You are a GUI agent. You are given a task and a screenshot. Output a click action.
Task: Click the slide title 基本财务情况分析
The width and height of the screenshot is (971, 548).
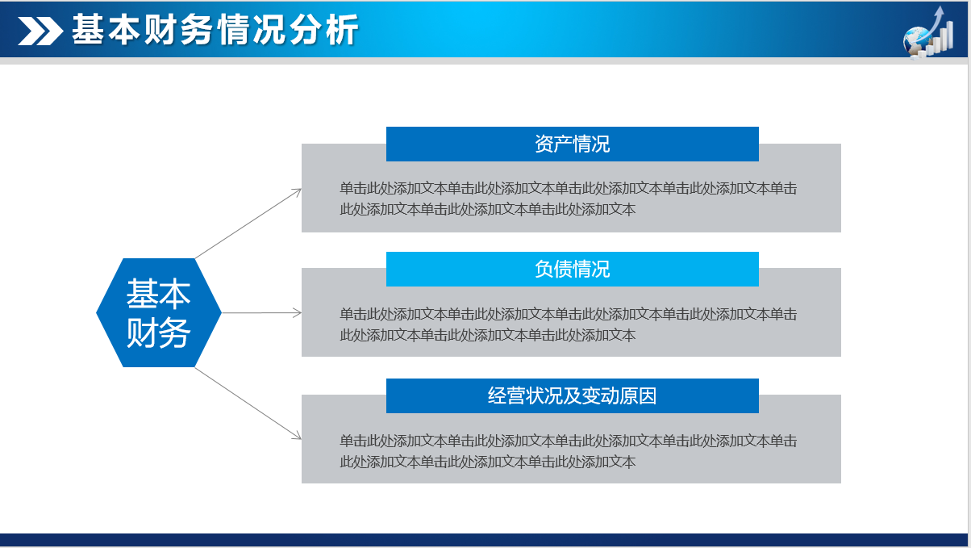pos(215,30)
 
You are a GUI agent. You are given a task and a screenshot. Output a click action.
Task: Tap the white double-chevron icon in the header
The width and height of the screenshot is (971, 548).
pos(40,31)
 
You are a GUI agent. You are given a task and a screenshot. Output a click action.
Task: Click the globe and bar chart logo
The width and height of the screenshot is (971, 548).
pos(928,32)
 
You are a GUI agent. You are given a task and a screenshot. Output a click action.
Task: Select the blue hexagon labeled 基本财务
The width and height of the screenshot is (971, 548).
pos(159,312)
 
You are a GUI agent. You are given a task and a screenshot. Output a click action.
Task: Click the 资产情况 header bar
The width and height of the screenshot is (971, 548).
pos(573,144)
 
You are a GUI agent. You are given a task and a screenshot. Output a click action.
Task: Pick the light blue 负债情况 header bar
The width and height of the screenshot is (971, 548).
pos(573,269)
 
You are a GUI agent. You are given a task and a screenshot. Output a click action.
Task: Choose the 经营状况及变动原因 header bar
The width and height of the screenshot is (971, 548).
pos(573,395)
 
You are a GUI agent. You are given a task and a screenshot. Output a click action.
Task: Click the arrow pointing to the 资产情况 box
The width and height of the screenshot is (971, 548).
pos(248,224)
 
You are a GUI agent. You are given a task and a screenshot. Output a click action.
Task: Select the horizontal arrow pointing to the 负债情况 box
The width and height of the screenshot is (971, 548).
pos(262,313)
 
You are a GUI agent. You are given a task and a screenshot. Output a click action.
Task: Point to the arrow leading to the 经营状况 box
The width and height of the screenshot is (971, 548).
pos(248,403)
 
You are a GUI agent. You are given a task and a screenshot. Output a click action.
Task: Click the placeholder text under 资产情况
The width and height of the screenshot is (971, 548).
pos(568,199)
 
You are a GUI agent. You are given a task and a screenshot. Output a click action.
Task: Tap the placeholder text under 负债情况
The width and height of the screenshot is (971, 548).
pos(568,324)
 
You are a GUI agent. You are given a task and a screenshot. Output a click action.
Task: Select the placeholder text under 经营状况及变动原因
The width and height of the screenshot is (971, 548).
pos(568,451)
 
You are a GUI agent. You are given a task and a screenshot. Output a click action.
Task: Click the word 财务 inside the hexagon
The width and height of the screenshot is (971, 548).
pos(159,333)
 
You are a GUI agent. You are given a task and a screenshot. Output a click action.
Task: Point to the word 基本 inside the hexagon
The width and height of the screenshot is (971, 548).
pos(159,294)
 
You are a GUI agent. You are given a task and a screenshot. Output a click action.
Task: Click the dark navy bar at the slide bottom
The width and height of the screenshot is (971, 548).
pos(484,540)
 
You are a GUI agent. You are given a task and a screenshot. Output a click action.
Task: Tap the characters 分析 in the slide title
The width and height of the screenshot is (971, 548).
pos(324,30)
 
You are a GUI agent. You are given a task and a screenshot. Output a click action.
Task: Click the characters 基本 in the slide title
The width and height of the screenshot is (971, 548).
pos(106,30)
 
